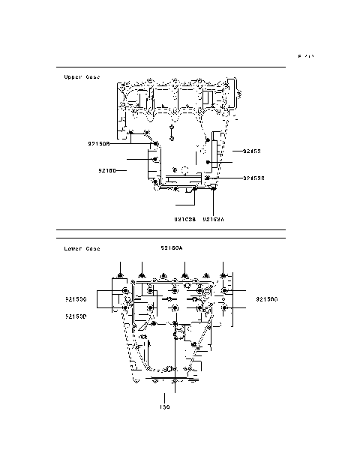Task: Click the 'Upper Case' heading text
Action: point(82,76)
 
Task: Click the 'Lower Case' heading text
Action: point(82,248)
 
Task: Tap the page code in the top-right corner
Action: point(305,56)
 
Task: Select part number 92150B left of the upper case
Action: point(99,142)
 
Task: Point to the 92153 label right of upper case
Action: point(251,151)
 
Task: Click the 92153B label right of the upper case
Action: point(254,178)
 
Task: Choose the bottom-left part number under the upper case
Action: point(184,220)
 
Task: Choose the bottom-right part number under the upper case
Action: point(214,220)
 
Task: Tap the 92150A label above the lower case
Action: point(171,247)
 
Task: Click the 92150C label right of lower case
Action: point(266,298)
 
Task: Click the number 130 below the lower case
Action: point(165,408)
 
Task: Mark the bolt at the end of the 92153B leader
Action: point(208,178)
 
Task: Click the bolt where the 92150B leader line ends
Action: point(156,142)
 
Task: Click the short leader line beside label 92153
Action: point(232,151)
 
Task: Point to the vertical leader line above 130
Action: point(165,395)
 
